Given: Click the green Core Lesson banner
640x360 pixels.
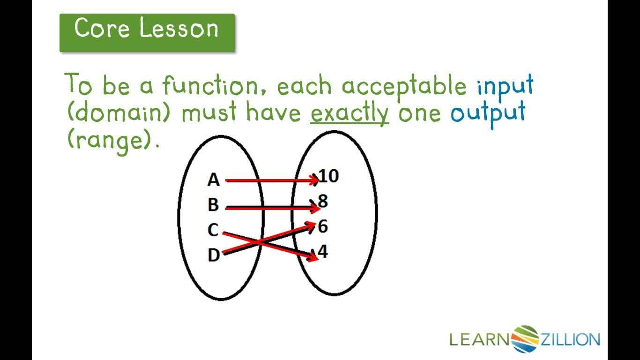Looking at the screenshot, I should click(147, 32).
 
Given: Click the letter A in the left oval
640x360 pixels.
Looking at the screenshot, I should click(213, 180).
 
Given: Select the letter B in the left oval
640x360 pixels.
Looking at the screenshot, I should click(213, 205).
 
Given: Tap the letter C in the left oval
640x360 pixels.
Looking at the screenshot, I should click(213, 230).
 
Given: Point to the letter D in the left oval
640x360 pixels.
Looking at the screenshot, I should click(214, 255).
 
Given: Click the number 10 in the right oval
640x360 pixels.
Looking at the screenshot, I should click(328, 176).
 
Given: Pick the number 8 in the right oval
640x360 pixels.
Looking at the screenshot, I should click(323, 201).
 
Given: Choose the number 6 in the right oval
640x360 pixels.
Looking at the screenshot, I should click(323, 226).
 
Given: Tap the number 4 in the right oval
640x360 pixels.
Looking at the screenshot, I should click(323, 252).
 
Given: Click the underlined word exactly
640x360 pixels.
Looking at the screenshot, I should click(350, 113).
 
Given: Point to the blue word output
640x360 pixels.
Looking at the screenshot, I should click(488, 113).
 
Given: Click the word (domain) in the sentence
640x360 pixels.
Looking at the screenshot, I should click(119, 113).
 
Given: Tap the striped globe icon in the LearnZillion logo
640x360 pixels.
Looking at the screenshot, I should click(526, 339).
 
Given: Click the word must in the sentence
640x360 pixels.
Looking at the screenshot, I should click(209, 113).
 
